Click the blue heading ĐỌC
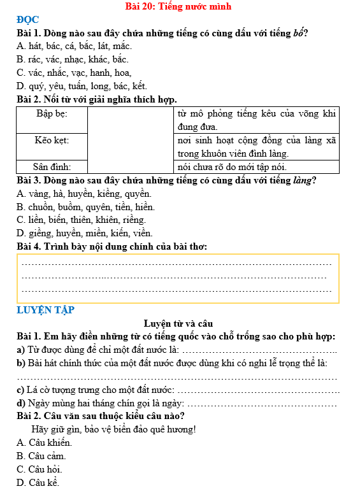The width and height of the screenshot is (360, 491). [28, 20]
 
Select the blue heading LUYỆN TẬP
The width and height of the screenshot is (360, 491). [46, 310]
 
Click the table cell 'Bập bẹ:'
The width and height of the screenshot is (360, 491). [52, 113]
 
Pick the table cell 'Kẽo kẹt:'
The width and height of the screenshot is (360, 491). [52, 139]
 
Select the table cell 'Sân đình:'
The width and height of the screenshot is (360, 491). [52, 166]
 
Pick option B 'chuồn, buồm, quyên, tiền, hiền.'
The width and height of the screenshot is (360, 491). [85, 206]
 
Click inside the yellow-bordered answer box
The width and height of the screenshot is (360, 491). [178, 278]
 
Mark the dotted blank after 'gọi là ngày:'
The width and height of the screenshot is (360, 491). [263, 404]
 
